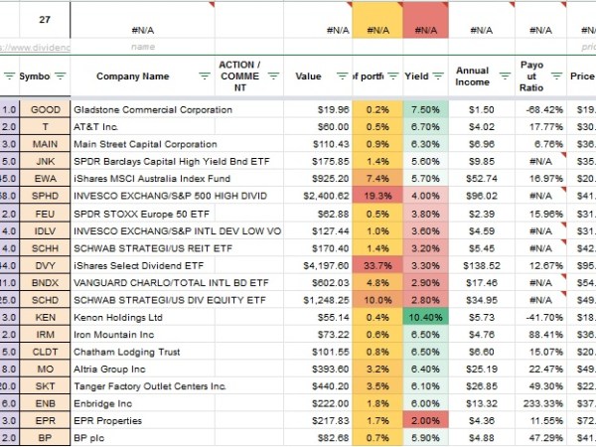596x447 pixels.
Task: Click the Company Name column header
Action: (132, 75)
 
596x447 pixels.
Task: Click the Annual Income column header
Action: (472, 75)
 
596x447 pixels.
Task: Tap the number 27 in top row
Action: (45, 19)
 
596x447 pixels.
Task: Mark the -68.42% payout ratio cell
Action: (532, 109)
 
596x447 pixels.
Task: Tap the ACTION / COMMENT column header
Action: (238, 75)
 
